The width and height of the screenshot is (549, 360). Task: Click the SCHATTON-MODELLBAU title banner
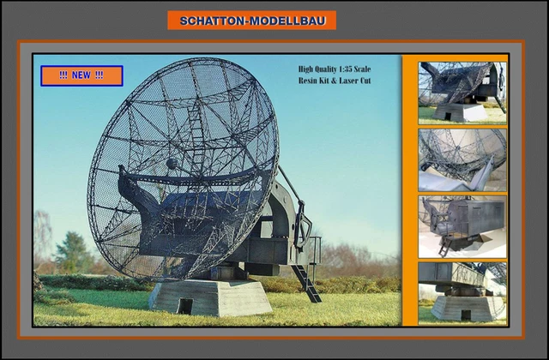[x=252, y=20]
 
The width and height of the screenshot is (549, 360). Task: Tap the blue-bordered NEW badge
[x=81, y=75]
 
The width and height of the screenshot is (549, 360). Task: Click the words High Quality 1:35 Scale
[x=335, y=69]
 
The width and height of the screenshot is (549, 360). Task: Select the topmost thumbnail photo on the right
[x=462, y=91]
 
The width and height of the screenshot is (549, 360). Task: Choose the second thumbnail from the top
[x=462, y=159]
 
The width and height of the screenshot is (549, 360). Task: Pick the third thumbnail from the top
[x=462, y=225]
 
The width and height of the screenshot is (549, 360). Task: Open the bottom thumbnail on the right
[x=462, y=291]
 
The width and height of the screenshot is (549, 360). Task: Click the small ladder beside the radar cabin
[x=307, y=283]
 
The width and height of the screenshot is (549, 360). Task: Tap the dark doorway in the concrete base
[x=185, y=305]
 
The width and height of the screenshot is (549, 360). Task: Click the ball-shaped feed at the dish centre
[x=172, y=163]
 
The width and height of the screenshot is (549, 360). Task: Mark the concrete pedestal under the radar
[x=210, y=296]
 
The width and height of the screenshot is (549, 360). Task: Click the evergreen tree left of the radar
[x=74, y=253]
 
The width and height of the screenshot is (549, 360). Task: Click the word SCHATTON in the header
[x=211, y=20]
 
